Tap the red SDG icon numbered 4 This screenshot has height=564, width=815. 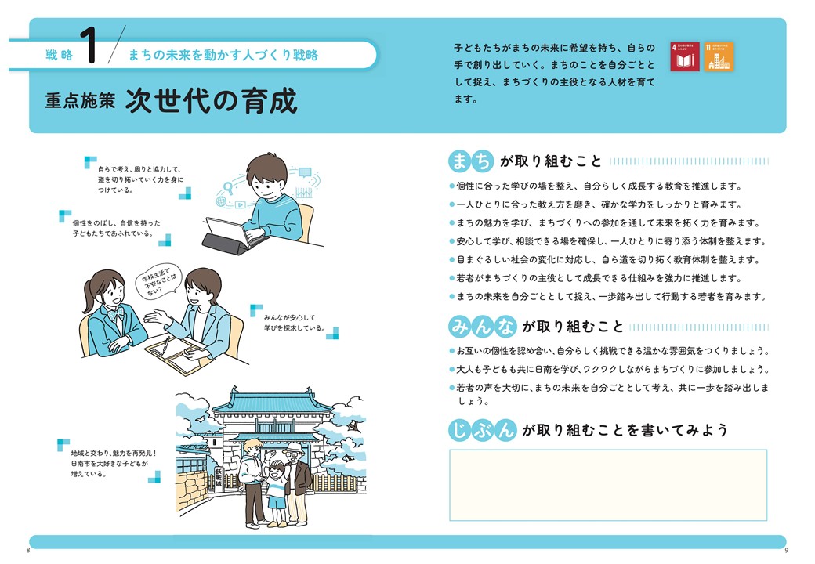[686, 57]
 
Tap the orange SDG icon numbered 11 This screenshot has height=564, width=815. [719, 57]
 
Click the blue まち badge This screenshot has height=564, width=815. [472, 161]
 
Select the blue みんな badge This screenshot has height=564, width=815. [482, 326]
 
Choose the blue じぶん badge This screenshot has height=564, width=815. [482, 430]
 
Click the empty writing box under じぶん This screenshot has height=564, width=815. [608, 485]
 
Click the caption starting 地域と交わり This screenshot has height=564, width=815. [114, 463]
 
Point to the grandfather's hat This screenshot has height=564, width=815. [294, 449]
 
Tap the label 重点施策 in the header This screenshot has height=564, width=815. [78, 103]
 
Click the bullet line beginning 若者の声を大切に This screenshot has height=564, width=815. [611, 394]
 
